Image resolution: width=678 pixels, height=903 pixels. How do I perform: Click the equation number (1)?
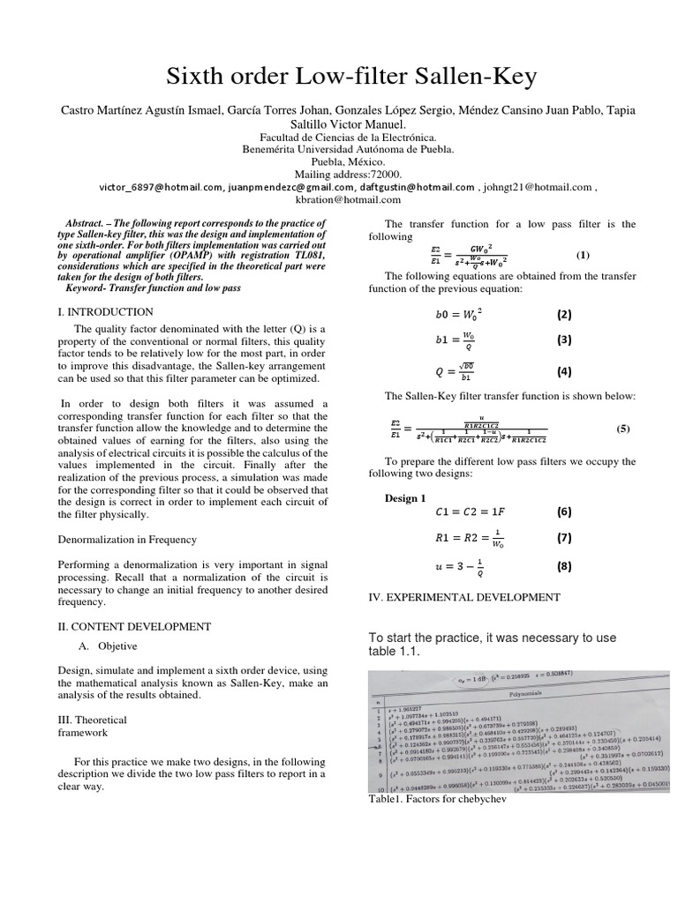(582, 255)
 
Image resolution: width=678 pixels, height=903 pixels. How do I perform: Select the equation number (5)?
(623, 429)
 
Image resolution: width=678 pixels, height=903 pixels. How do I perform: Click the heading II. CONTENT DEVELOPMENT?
(134, 626)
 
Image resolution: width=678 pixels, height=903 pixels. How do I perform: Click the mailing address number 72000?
(383, 175)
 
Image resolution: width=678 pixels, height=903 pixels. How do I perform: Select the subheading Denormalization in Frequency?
(127, 538)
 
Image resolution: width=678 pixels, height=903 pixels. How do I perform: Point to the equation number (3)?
(564, 340)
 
